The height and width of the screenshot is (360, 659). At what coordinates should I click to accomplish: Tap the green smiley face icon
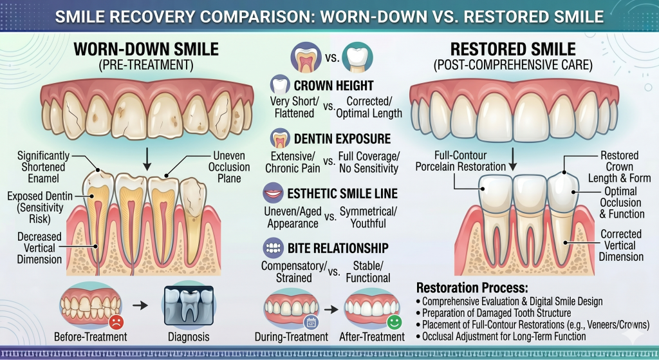click(394, 321)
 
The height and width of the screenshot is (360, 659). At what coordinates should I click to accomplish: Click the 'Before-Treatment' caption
click(91, 337)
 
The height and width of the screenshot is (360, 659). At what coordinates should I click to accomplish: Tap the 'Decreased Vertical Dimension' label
click(40, 248)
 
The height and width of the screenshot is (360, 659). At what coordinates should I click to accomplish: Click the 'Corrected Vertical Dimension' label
click(621, 245)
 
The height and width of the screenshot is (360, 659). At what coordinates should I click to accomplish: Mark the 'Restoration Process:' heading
click(471, 288)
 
